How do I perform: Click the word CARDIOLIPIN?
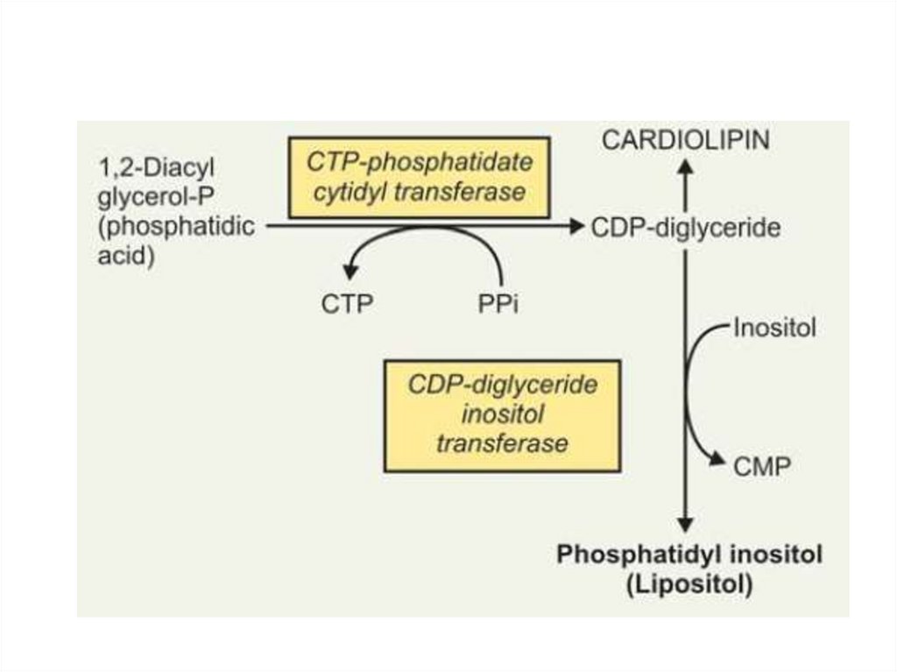(x=686, y=141)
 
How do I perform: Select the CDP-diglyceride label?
(x=685, y=227)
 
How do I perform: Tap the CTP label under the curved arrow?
(x=346, y=304)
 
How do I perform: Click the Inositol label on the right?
(x=775, y=329)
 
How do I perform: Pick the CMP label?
(x=761, y=465)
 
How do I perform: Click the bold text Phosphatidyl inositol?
(x=689, y=555)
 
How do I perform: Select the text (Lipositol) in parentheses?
(x=689, y=584)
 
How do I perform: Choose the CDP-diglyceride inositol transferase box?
(x=502, y=415)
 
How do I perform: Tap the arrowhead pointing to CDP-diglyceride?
(x=576, y=227)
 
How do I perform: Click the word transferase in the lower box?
(x=502, y=443)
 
